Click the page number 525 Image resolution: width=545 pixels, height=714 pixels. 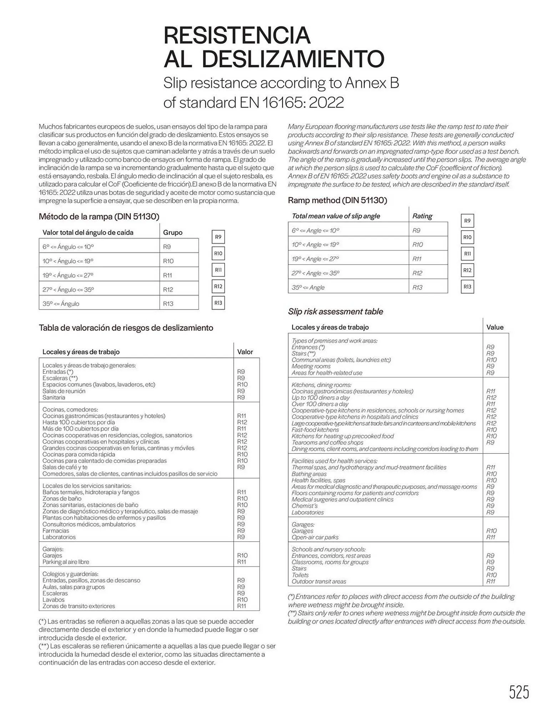tap(519, 692)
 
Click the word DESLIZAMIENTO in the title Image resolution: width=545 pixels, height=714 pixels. tap(293, 59)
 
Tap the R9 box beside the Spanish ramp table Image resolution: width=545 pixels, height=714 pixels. tap(218, 237)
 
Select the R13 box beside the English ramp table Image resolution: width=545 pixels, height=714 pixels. tap(467, 287)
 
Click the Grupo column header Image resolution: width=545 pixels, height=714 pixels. tap(173, 232)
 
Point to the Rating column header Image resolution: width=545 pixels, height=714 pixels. tap(422, 216)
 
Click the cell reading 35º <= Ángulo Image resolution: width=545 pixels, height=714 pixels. tap(61, 304)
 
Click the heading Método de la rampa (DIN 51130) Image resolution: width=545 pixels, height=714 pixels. tap(99, 216)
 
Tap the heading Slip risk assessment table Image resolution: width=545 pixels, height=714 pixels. tap(335, 312)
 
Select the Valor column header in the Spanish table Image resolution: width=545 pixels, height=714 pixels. tap(245, 352)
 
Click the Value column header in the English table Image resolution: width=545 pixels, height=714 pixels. tap(495, 327)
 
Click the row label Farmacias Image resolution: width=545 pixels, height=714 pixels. tap(56, 531)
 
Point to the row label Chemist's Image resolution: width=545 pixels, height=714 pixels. tap(304, 506)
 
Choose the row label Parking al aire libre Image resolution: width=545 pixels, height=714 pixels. tap(66, 562)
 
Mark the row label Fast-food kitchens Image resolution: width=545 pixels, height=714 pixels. tap(315, 430)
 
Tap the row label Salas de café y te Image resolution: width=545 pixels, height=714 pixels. tap(65, 467)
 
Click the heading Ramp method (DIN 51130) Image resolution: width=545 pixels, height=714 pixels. tap(337, 200)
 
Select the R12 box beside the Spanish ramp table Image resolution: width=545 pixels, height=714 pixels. tap(218, 286)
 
